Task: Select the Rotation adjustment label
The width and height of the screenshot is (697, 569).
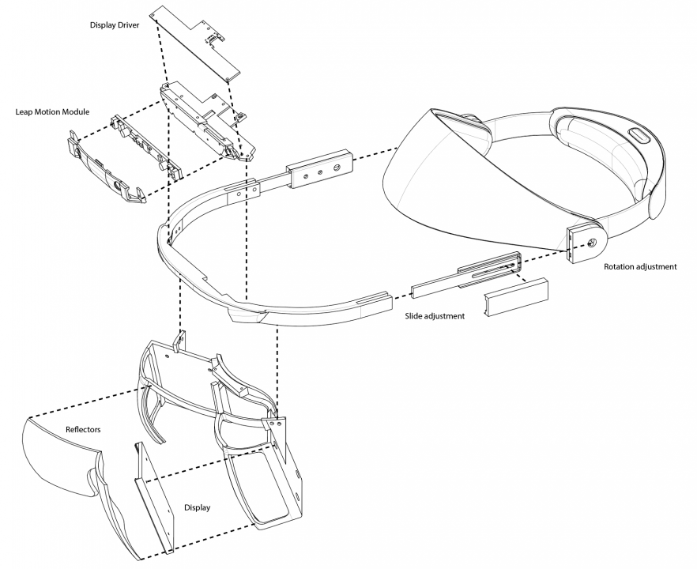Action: click(640, 267)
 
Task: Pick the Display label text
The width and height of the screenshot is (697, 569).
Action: click(197, 507)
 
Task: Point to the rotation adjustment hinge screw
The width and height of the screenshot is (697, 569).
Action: click(590, 243)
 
